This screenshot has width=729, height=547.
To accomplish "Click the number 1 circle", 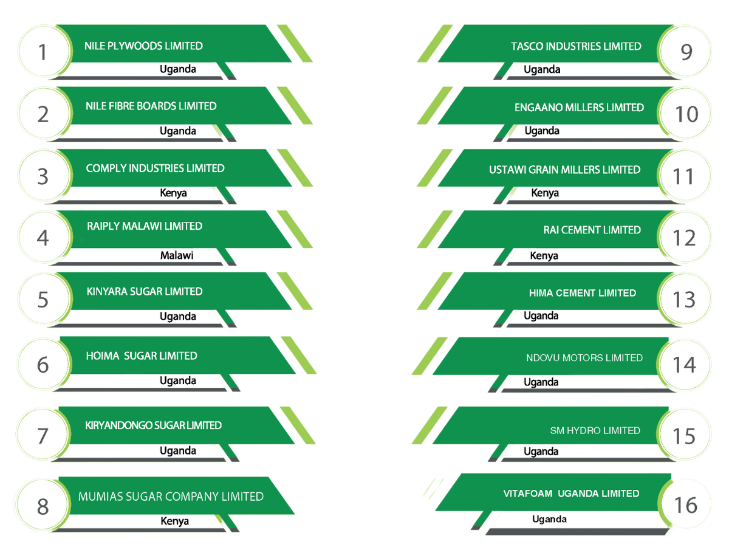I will point(43,52).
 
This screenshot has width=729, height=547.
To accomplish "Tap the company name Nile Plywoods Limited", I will point(143,46).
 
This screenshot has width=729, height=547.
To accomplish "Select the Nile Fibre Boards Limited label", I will point(151,106).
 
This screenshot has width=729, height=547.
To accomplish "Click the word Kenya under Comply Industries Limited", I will point(173,193).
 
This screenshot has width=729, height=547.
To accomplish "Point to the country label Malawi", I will point(177,255).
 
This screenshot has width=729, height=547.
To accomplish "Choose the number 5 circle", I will point(43,300).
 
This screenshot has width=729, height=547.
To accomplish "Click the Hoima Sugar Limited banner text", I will point(142,356).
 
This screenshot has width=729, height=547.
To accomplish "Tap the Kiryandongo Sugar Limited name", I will point(153,425).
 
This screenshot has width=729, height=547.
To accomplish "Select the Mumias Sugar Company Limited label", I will point(171,497).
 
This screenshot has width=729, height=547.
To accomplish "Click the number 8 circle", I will point(43,506).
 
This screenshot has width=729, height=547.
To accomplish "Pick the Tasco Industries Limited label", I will point(576,46).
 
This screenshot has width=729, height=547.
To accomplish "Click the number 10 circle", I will point(686,114).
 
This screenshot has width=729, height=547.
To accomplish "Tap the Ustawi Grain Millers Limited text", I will point(564,170).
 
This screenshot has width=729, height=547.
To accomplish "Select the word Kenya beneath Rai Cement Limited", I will point(544,256).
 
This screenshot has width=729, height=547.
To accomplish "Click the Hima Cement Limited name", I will point(582,293).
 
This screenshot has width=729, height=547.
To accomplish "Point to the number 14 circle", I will point(684,365).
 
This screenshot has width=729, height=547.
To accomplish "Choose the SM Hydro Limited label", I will point(595,430).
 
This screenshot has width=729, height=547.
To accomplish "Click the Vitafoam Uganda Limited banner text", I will point(571,494).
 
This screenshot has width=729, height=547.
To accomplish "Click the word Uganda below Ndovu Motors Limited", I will point(541,382).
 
